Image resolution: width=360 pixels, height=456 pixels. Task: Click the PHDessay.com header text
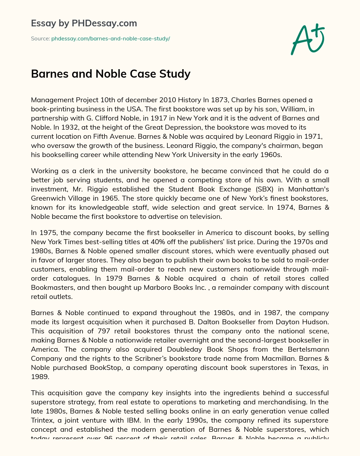click(84, 23)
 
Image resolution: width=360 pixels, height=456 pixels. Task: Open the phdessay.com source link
click(110, 39)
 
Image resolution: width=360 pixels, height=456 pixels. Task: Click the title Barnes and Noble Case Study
click(111, 74)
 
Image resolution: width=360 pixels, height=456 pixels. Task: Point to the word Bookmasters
click(52, 287)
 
